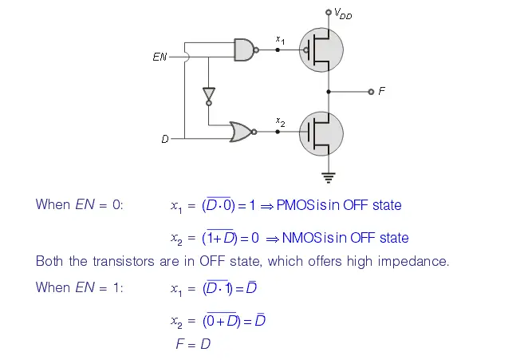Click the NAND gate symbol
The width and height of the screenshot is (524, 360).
(x=244, y=49)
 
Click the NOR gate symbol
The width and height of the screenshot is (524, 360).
(x=239, y=132)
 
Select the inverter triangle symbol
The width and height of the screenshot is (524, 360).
(x=209, y=94)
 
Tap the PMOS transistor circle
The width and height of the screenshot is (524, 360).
(x=321, y=49)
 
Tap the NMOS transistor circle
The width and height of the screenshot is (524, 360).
(x=321, y=133)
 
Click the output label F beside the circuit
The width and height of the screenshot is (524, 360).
(x=382, y=92)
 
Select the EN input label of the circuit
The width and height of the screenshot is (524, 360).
(x=160, y=57)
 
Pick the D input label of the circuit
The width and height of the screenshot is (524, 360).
(x=165, y=139)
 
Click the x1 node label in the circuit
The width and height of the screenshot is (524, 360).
(x=280, y=39)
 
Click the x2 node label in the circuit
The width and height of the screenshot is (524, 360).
(x=280, y=121)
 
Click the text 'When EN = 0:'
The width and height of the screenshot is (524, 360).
(x=79, y=204)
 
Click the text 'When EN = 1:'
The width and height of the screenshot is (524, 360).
(x=79, y=287)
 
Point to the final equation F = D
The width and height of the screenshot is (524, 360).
(x=193, y=345)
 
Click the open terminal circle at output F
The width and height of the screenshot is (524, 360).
(x=371, y=92)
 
